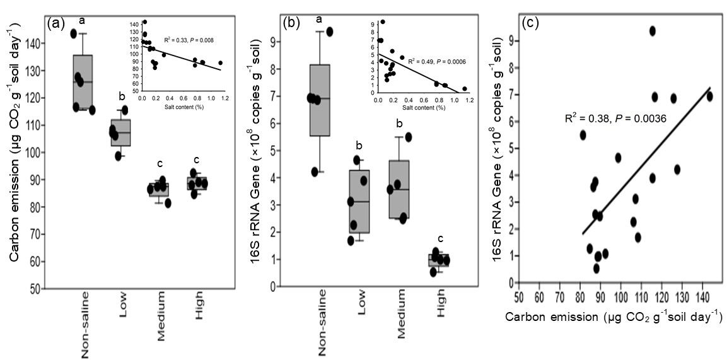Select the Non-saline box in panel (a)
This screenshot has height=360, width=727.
(x=83, y=82)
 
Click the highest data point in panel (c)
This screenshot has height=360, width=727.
(x=653, y=31)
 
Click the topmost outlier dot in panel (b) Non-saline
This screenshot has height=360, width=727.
(x=329, y=32)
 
